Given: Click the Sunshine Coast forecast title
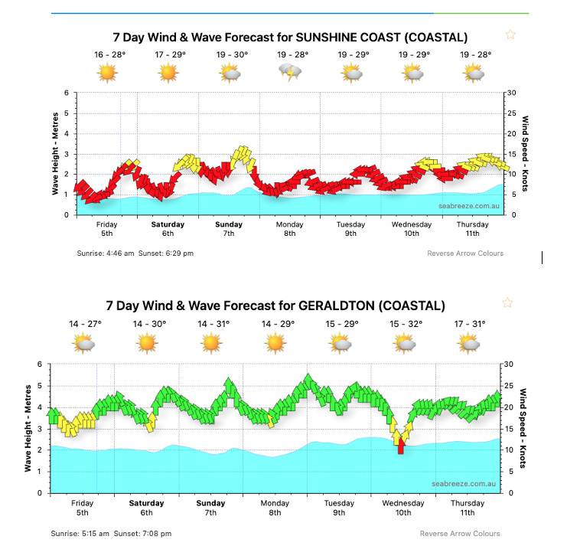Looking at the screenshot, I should pyautogui.click(x=290, y=37).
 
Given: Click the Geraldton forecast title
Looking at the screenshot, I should pyautogui.click(x=275, y=306).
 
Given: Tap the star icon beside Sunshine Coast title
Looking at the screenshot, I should pyautogui.click(x=510, y=34).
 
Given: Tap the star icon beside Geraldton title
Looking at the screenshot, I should pyautogui.click(x=507, y=302).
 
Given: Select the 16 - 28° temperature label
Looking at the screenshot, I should pyautogui.click(x=109, y=55).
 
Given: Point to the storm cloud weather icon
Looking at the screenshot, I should pyautogui.click(x=291, y=74).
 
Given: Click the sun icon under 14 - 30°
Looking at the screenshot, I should pyautogui.click(x=147, y=343).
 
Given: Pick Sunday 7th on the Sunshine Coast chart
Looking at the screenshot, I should pyautogui.click(x=229, y=229).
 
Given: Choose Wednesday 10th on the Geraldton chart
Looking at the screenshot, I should pyautogui.click(x=403, y=508).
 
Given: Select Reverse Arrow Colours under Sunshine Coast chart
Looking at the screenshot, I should pyautogui.click(x=465, y=253).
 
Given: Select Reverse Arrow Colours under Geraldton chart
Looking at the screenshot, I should pyautogui.click(x=460, y=534).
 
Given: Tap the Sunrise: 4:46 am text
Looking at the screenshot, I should pyautogui.click(x=106, y=253).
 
